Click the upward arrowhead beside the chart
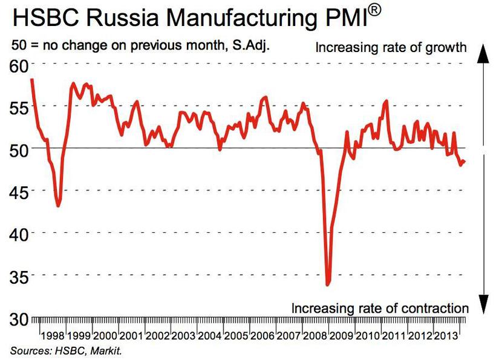coord(483,53)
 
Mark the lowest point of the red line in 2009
coord(327,284)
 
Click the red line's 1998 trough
coord(58,206)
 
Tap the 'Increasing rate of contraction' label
coord(380,307)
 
